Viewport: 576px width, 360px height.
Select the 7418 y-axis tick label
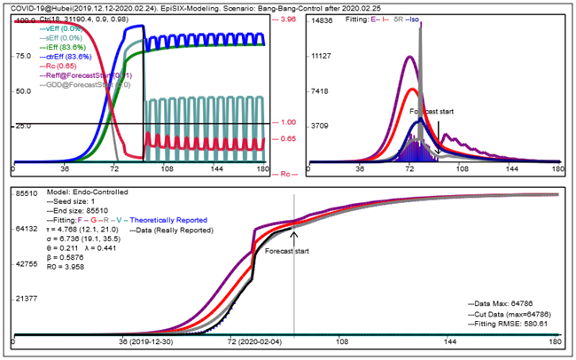(322, 91)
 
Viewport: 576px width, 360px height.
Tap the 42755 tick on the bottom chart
(25, 263)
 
